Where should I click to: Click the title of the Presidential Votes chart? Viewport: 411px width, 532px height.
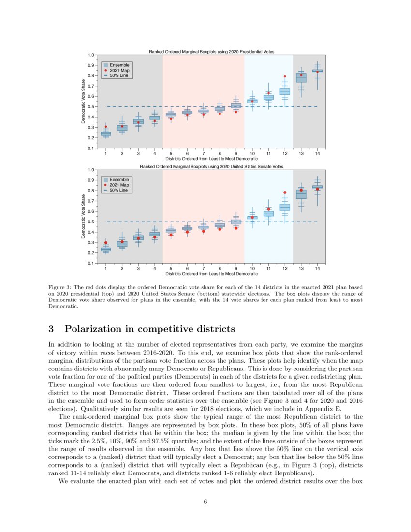pos(211,51)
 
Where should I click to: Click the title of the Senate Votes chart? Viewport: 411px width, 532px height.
pos(211,166)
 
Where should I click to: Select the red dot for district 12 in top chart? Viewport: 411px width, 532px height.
pos(285,76)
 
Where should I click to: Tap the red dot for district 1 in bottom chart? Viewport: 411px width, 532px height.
pos(106,243)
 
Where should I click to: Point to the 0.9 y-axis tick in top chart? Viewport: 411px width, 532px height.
pos(91,65)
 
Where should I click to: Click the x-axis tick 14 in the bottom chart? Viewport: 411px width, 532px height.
pos(317,268)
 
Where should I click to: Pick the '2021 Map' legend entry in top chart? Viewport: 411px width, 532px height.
pos(119,71)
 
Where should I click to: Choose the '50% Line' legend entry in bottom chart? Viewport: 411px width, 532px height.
pos(119,191)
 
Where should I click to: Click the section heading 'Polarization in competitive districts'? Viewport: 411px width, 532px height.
pos(150,329)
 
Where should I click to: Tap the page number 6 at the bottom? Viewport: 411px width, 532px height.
pos(205,502)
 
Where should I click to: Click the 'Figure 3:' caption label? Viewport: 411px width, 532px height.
pos(62,286)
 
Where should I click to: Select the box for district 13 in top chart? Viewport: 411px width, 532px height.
pos(301,77)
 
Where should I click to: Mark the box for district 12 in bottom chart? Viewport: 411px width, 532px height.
pos(285,207)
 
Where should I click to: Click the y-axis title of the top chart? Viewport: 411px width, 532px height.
pos(84,103)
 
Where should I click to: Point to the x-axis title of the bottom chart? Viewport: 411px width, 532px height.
pos(211,274)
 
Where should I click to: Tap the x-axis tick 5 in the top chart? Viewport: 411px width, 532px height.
pos(171,153)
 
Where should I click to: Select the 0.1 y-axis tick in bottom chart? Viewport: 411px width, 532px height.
pos(91,263)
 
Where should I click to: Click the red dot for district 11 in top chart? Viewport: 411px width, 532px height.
pos(268,93)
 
